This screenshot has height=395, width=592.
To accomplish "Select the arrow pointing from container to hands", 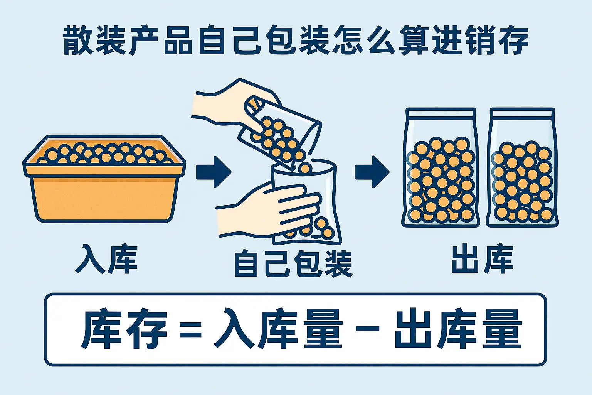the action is (214, 172).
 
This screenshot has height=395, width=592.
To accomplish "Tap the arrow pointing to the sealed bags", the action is (372, 172).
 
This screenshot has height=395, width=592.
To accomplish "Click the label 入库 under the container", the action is (106, 259).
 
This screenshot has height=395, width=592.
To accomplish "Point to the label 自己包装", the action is (293, 264).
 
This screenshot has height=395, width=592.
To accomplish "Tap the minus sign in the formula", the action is (367, 329).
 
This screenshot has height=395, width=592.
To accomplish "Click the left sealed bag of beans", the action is (441, 167).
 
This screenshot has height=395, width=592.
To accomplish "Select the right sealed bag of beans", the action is (522, 167).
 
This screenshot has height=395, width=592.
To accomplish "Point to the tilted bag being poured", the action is (280, 132).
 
